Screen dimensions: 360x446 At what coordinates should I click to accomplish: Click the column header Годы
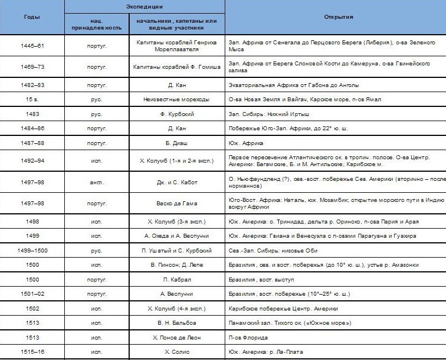tap(32, 17)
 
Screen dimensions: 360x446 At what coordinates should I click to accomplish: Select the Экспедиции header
tap(144, 6)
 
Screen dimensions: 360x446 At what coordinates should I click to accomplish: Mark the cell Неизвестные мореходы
tap(176, 99)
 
